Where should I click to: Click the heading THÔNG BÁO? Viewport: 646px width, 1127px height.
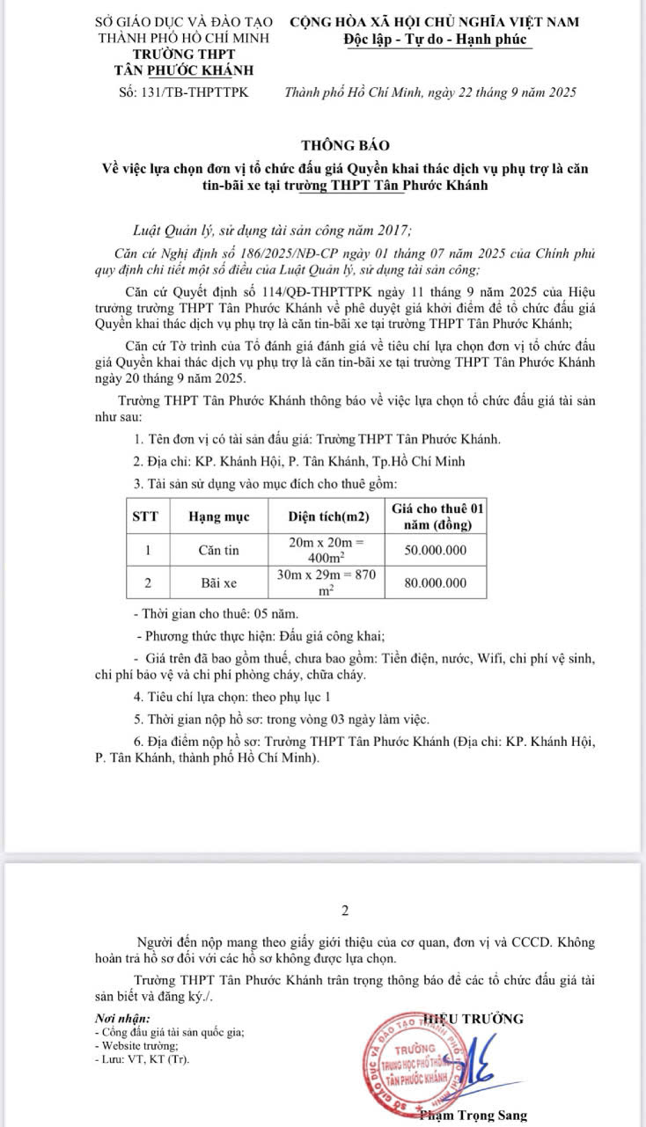point(344,144)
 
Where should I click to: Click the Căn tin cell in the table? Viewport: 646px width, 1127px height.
point(219,551)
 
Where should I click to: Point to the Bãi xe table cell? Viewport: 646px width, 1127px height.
point(218,582)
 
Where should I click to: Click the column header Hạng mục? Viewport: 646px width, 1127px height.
point(218,517)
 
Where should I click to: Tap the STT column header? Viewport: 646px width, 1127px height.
point(145,517)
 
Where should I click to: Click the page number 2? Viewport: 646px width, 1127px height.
point(345,911)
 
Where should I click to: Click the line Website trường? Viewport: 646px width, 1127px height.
point(136,1046)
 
